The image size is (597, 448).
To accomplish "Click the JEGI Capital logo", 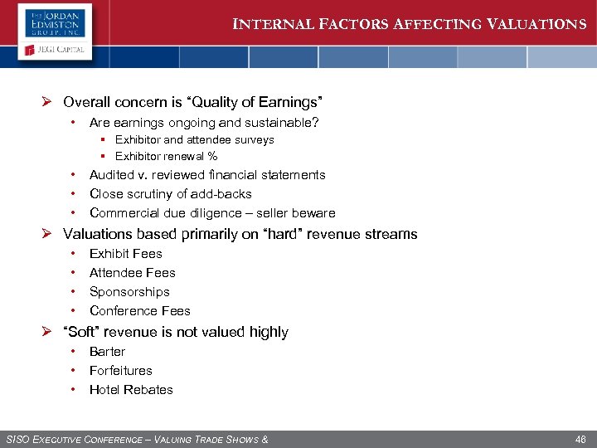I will [x=55, y=51].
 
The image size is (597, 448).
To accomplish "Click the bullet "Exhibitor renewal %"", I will [x=166, y=156].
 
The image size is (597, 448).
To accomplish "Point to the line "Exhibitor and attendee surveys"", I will [x=194, y=139].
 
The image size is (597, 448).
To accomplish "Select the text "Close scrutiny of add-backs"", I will [x=170, y=194].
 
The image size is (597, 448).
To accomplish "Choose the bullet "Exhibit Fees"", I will [x=125, y=254].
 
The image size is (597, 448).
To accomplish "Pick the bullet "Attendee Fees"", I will [x=132, y=273].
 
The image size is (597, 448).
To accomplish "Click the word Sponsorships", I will [x=129, y=292].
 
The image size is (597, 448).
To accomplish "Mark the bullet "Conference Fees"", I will [x=139, y=311].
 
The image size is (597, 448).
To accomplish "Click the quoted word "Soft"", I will [x=82, y=332].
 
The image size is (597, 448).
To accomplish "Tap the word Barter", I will [x=107, y=352].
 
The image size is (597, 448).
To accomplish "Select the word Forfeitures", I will [x=120, y=371].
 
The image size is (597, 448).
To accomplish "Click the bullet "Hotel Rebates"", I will [x=131, y=390].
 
